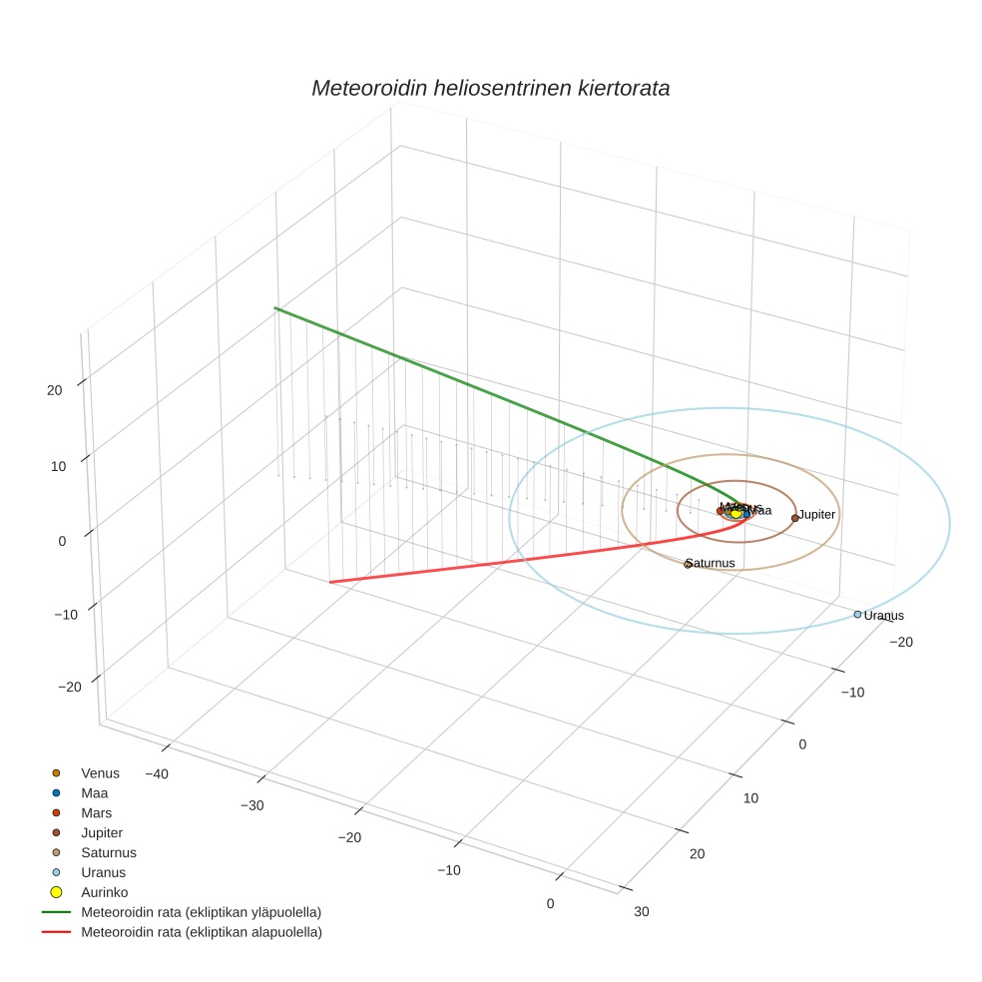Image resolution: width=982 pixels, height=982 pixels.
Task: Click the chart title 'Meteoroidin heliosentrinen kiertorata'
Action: coord(490,88)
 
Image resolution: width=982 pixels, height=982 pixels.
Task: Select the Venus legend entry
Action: coord(100,772)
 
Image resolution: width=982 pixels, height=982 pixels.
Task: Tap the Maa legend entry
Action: coord(94,792)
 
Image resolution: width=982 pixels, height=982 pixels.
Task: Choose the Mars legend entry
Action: coord(96,812)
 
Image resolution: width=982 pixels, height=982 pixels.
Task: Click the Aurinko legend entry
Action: coord(104,891)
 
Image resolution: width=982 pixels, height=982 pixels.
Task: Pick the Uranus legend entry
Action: coord(103,872)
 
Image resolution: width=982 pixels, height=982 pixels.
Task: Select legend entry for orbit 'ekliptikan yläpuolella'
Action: coord(200,911)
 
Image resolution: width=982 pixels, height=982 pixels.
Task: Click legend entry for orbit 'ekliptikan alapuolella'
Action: coord(200,931)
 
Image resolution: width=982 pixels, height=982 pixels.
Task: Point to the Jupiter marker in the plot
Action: coord(794,518)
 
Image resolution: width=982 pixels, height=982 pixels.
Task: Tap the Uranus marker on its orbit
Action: coord(857,614)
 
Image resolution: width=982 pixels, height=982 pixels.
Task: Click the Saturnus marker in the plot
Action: coord(688,565)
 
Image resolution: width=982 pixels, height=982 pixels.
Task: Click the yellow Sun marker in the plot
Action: coord(736,513)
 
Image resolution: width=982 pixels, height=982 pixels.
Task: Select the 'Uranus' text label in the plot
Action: coord(883,616)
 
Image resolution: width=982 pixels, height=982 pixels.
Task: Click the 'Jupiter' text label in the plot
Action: coord(816,514)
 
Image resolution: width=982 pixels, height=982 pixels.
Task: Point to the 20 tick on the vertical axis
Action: coord(55,390)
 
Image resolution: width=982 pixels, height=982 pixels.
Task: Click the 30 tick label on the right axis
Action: coord(641,911)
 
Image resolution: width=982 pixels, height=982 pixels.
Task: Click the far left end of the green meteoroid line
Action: coord(275,308)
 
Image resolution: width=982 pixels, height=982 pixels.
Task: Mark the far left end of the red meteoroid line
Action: coord(330,582)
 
